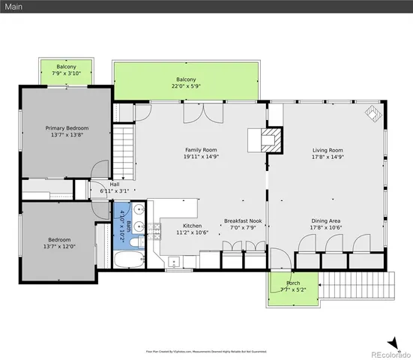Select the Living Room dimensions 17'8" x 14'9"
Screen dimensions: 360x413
(x=327, y=157)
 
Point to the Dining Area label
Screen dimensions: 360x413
(x=327, y=221)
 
